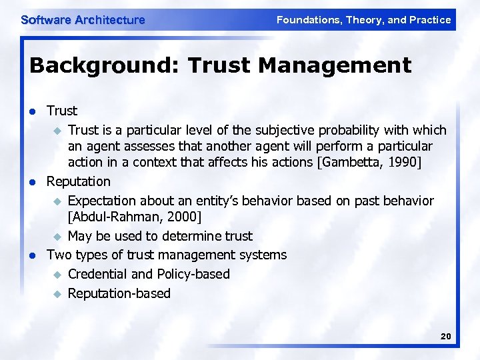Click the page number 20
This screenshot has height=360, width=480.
click(445, 337)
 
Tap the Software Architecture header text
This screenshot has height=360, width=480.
click(83, 20)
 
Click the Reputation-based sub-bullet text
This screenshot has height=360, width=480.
click(119, 293)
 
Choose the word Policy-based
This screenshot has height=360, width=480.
click(194, 274)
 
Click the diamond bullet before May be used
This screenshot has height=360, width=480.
click(57, 237)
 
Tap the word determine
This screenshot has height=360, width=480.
click(182, 236)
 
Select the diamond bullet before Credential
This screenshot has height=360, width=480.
click(57, 275)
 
